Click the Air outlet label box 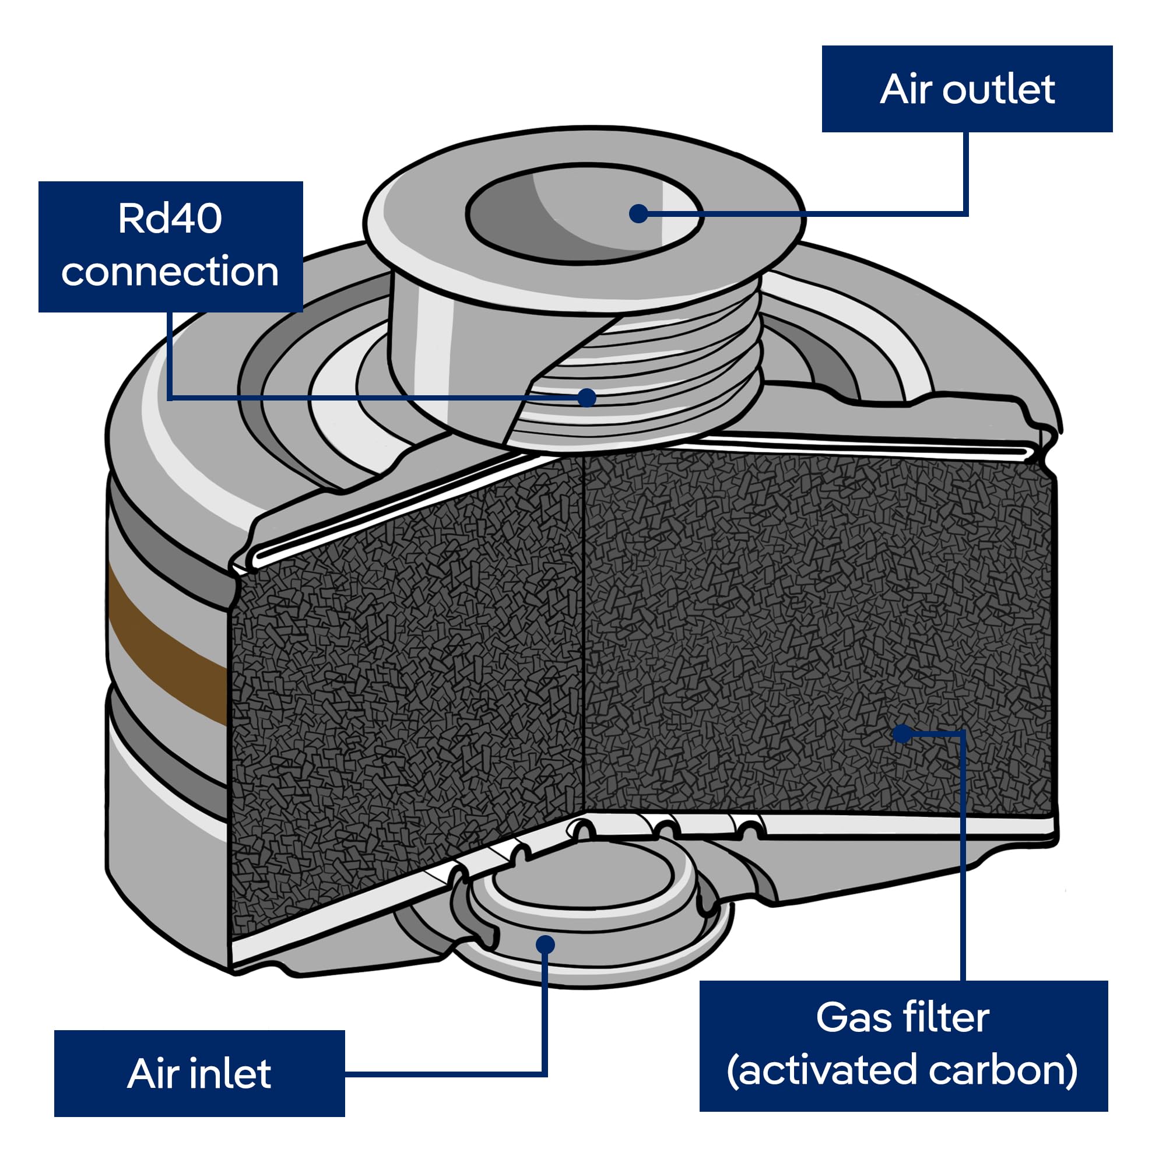(x=967, y=89)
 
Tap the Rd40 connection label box (x=171, y=246)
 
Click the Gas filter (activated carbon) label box (x=904, y=1046)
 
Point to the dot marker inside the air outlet (x=638, y=213)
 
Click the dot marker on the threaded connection (x=586, y=397)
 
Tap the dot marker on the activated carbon (x=902, y=733)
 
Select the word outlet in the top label (x=999, y=89)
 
